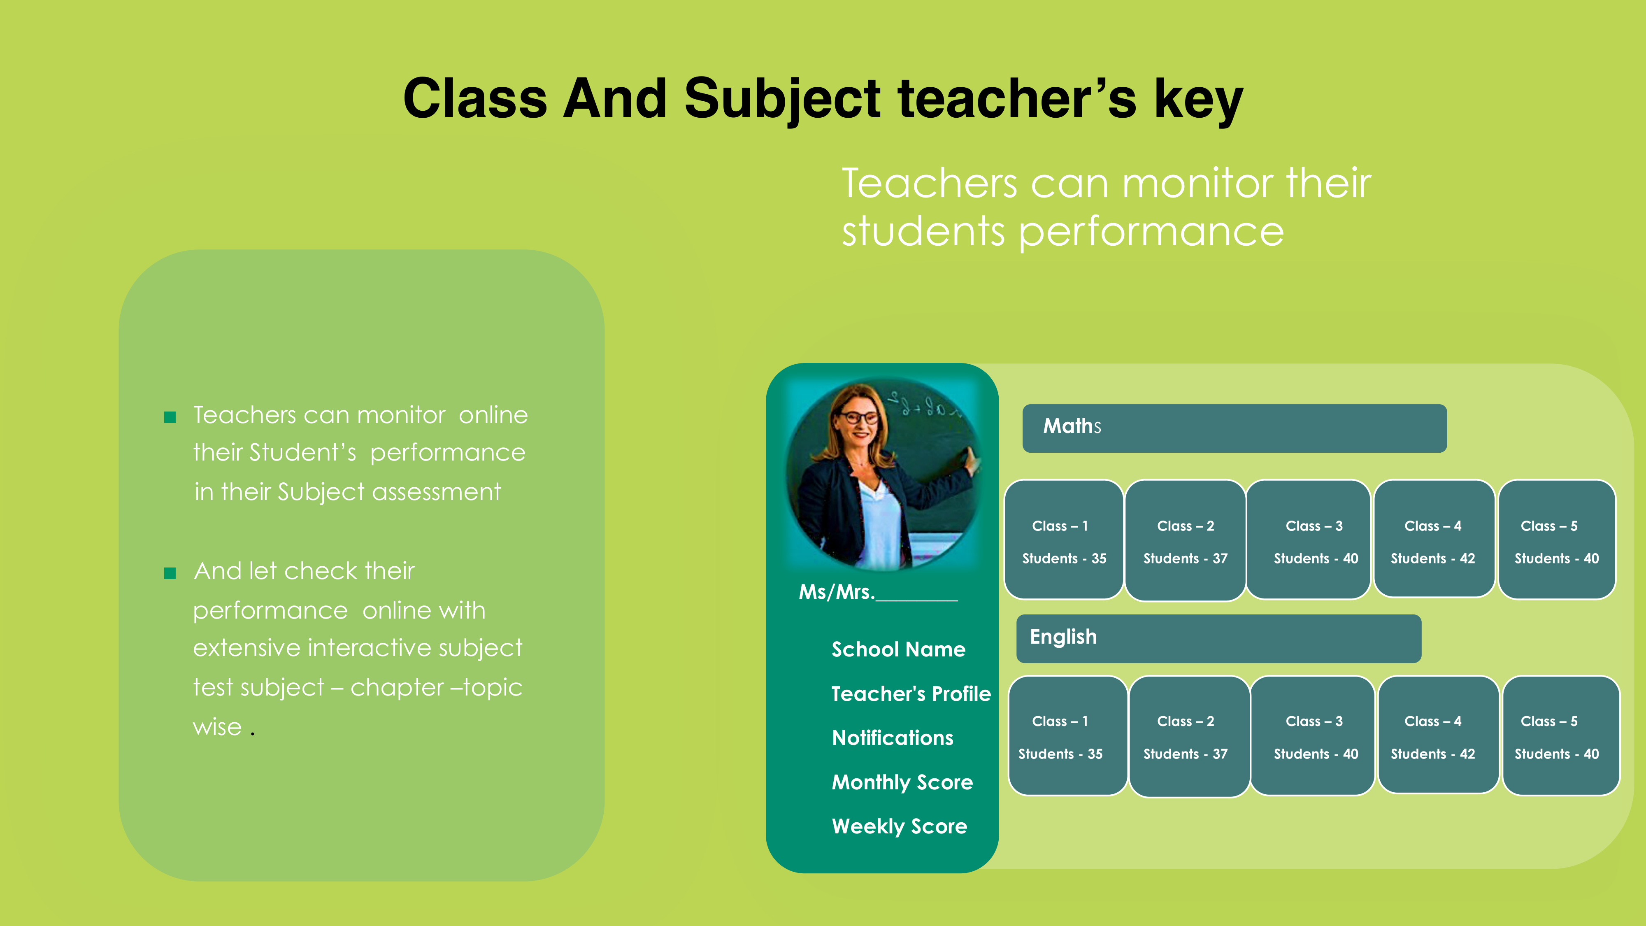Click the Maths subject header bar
(1234, 428)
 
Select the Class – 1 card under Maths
(1064, 540)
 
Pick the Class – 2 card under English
(1189, 736)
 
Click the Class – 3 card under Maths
(1308, 540)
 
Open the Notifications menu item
(892, 738)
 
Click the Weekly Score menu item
(899, 826)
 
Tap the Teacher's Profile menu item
(911, 693)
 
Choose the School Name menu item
(898, 649)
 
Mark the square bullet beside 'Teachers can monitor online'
(170, 417)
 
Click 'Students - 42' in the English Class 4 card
(1432, 754)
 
